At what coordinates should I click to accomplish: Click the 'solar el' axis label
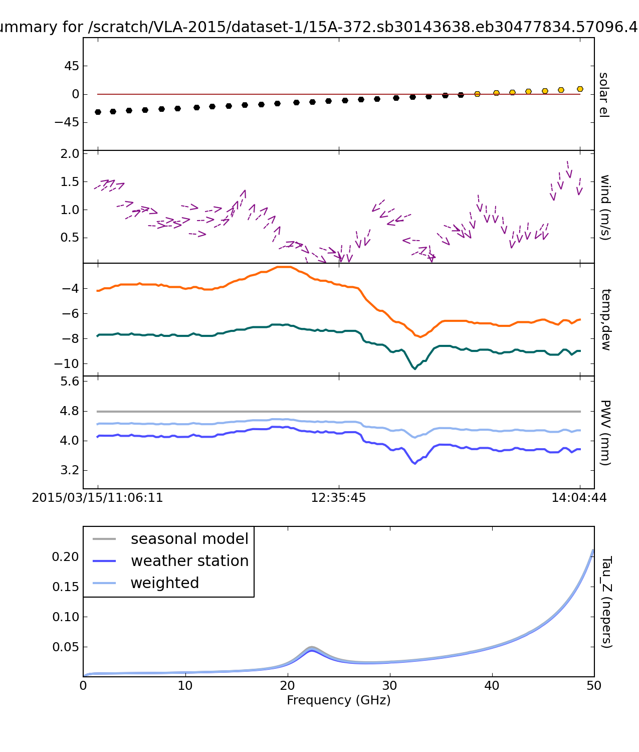coord(603,95)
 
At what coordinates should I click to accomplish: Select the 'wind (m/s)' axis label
coord(605,207)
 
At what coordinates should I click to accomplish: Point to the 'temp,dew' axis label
coord(605,319)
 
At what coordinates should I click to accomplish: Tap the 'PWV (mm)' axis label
coord(605,433)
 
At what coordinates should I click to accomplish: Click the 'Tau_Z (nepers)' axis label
coord(606,602)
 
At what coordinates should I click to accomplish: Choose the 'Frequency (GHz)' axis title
coord(338,700)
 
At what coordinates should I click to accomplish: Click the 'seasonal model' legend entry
coord(189,539)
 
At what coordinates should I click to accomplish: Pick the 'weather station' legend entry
coord(189,561)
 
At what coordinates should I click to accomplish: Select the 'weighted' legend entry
coord(164,583)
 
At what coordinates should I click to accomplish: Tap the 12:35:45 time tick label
coord(338,498)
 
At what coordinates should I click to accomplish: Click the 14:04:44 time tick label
coord(579,498)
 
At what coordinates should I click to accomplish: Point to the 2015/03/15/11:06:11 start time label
coord(97,498)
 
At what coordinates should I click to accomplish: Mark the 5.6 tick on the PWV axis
coord(70,382)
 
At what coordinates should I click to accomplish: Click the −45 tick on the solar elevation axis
coord(68,122)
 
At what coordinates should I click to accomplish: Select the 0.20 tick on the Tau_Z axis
coord(66,557)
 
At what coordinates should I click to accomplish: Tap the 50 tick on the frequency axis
coord(594,685)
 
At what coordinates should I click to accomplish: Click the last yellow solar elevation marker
coord(580,89)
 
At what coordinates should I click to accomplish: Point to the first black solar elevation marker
coord(98,112)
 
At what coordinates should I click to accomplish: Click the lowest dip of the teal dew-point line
coord(414,369)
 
